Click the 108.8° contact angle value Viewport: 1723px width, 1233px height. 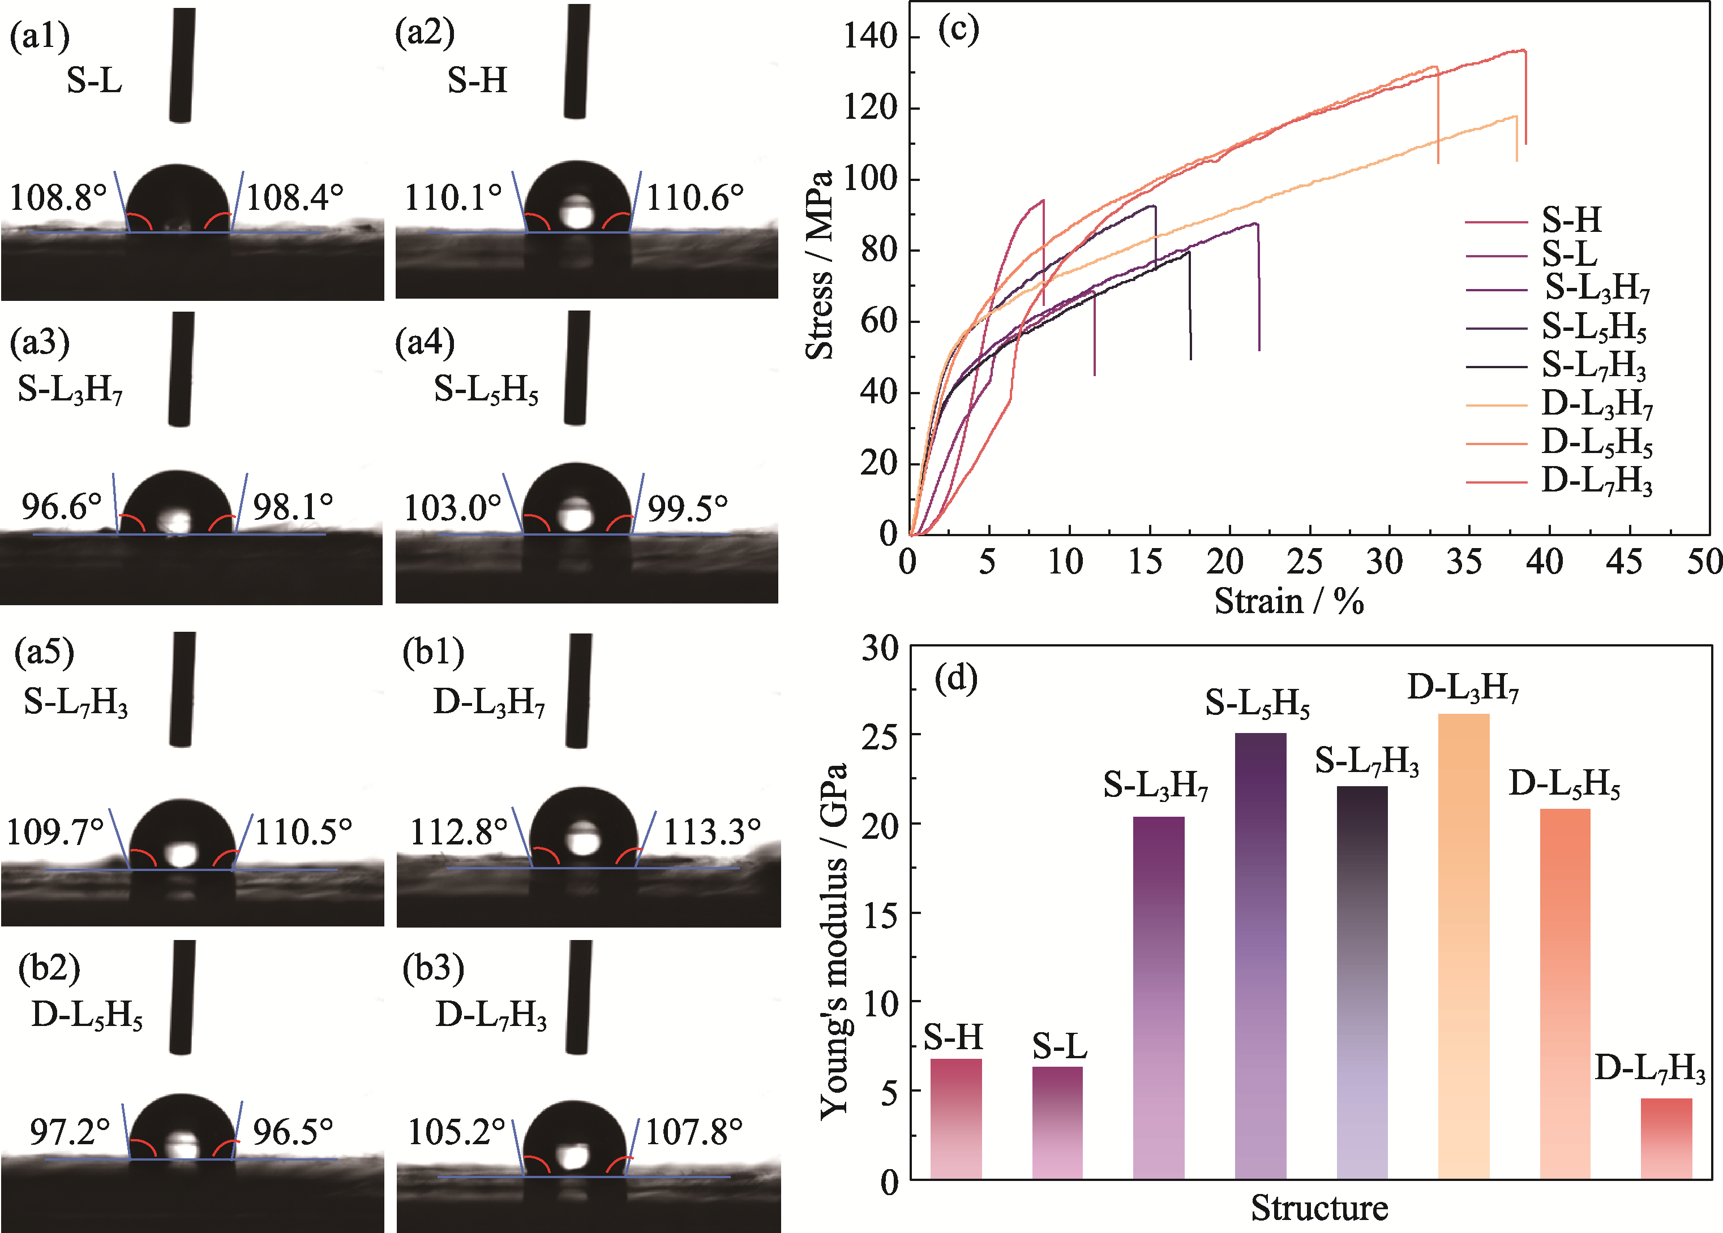(58, 197)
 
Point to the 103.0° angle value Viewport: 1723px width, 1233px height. (452, 508)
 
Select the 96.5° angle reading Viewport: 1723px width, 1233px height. (293, 1132)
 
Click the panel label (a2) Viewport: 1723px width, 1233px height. (425, 33)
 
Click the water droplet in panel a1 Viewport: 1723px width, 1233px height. (177, 199)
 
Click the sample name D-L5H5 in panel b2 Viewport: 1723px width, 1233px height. (87, 1015)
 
